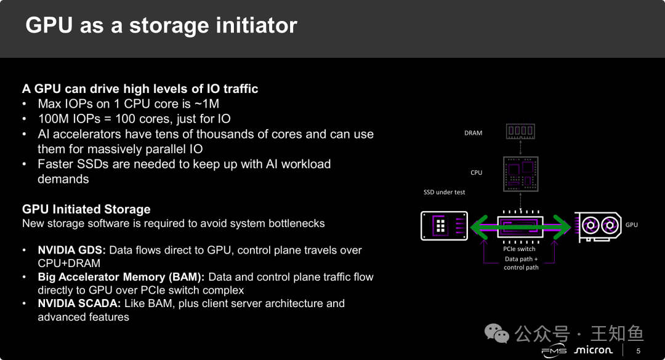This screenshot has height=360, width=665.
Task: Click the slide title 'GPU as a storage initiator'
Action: (x=161, y=25)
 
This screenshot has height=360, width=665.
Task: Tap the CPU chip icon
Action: (x=521, y=172)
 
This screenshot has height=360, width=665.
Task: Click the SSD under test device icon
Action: (x=444, y=225)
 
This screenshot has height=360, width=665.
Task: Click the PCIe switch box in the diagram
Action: (x=520, y=226)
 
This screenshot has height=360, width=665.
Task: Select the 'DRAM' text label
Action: (x=473, y=133)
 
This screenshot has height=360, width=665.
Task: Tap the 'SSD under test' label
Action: (x=444, y=193)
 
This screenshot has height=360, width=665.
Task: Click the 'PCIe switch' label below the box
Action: (x=519, y=249)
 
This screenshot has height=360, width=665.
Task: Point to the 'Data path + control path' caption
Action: (x=521, y=263)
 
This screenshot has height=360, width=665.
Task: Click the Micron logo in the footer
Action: (x=593, y=350)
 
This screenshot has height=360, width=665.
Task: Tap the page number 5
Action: (x=638, y=351)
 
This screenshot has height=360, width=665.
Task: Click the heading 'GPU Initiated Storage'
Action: (x=86, y=209)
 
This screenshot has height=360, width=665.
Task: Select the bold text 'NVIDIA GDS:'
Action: (x=72, y=250)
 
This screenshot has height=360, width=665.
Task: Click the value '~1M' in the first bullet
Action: (x=206, y=104)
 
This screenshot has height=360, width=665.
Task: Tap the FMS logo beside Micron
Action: (x=554, y=351)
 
